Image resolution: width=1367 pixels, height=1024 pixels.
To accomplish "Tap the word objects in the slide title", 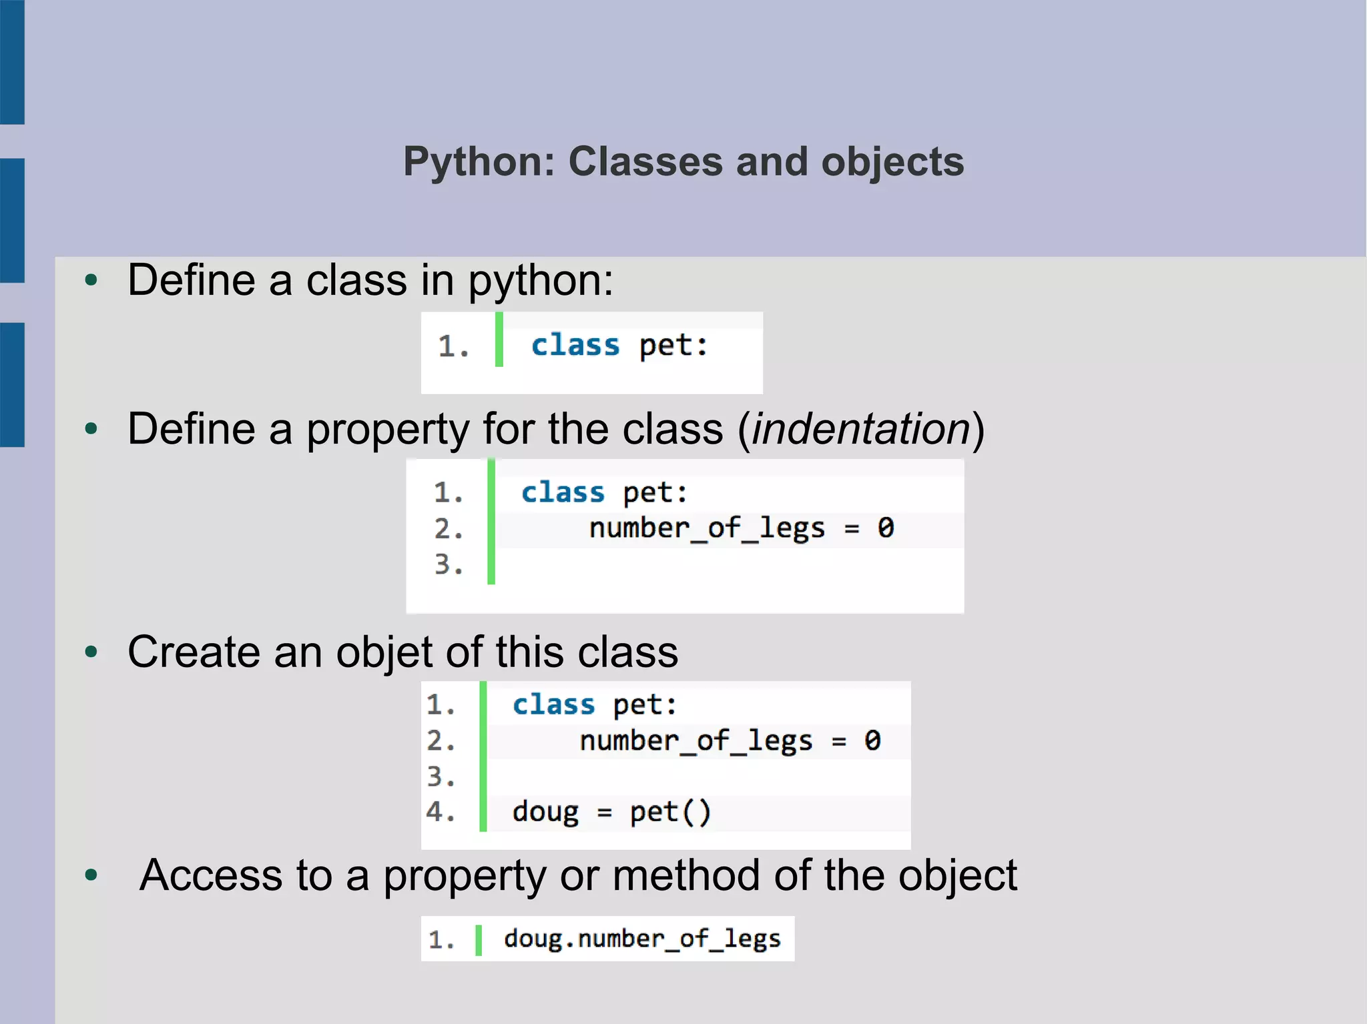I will click(892, 162).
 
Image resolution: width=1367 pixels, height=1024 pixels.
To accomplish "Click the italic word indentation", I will click(861, 428).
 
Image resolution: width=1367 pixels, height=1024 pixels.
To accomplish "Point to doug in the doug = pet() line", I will click(545, 812).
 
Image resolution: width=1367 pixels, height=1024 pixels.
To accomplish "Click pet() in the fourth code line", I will click(670, 812).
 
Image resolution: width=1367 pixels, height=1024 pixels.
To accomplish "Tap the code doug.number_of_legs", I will click(642, 939).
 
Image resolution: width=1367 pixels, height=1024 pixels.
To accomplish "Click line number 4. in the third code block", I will click(441, 812).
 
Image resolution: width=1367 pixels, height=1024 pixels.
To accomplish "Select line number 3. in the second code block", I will click(449, 564).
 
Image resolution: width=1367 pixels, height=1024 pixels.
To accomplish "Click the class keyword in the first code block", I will click(575, 346).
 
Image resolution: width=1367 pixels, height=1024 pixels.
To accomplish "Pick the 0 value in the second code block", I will click(886, 528).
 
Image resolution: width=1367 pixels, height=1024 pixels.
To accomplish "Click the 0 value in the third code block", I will click(872, 740).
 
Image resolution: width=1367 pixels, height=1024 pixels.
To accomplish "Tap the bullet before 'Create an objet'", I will click(91, 652).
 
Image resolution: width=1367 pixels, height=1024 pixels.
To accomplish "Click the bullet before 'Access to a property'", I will click(91, 875).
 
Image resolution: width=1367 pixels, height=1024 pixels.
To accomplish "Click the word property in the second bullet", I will click(388, 428).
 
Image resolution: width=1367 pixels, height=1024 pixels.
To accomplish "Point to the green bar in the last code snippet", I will click(478, 939).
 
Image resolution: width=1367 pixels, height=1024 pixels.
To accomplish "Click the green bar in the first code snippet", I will click(499, 340).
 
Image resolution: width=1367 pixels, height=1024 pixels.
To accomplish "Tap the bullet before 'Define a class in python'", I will click(91, 280).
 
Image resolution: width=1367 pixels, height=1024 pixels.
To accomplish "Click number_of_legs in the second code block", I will click(707, 528).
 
